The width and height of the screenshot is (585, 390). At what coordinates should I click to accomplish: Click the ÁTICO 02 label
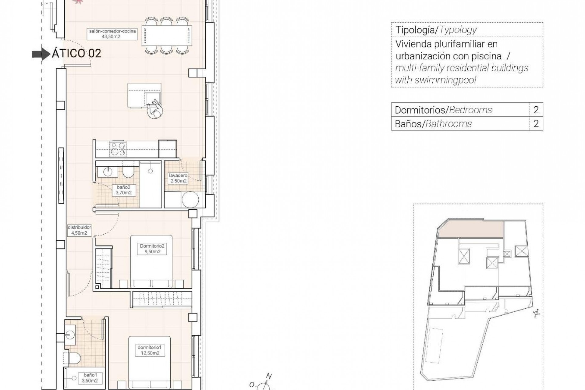point(76,54)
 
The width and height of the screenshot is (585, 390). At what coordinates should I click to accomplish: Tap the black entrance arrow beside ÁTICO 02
point(41,54)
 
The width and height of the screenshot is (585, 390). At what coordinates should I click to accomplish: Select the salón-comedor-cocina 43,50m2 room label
point(112,34)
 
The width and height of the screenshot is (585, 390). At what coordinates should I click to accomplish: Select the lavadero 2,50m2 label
point(178,178)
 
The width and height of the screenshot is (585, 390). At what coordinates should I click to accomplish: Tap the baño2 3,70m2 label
point(123,190)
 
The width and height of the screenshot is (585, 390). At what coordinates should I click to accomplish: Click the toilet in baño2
point(128,173)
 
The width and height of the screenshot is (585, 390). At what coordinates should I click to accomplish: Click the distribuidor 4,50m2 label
point(79,230)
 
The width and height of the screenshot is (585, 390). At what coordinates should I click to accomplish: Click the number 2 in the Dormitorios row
point(536,110)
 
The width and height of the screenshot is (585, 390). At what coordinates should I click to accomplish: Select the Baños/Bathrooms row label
point(433,124)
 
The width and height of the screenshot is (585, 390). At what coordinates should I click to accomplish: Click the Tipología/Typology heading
point(436,30)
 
